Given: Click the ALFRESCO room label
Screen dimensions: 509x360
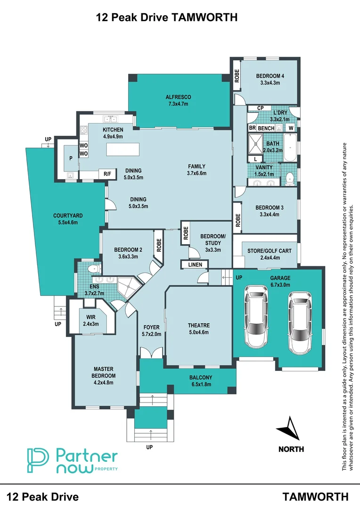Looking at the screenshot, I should click(x=178, y=97).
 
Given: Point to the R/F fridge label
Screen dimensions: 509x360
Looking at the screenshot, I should click(x=107, y=174).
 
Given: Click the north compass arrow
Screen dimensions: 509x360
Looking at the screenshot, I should click(x=289, y=429).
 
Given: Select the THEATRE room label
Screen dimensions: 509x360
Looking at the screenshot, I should click(x=198, y=326).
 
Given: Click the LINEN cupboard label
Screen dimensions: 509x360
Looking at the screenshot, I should click(x=195, y=265).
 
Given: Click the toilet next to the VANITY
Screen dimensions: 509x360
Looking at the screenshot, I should click(x=290, y=178).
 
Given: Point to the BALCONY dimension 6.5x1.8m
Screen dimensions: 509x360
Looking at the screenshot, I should click(x=200, y=385).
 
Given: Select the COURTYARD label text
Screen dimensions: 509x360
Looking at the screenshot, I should click(x=65, y=216).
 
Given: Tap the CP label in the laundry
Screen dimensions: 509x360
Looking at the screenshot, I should click(x=260, y=108).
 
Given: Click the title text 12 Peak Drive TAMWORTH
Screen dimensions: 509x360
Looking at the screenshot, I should click(x=166, y=17).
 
